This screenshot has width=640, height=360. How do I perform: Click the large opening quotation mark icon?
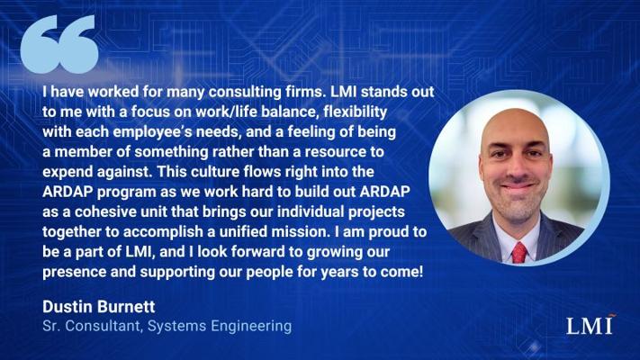coord(59,44)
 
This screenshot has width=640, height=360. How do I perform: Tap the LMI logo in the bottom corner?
coord(590,325)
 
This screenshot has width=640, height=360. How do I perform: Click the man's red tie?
coord(519,253)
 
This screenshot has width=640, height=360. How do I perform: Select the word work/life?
coord(226,112)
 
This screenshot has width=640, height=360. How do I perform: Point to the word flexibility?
coord(355,112)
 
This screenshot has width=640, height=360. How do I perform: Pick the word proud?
coord(388,232)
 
